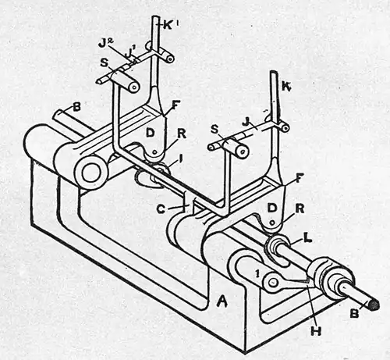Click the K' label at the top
[x=169, y=26]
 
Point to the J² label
[x=104, y=44]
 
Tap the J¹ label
[x=129, y=54]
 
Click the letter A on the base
[x=222, y=302]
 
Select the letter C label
[x=161, y=209]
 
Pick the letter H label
[x=316, y=331]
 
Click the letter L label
[x=307, y=239]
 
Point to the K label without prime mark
[x=287, y=87]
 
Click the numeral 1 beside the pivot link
[x=257, y=274]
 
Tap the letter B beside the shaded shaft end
[x=354, y=313]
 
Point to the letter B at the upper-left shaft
[x=76, y=107]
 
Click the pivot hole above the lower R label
[x=272, y=223]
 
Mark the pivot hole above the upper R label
[x=155, y=151]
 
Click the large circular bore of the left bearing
[x=91, y=172]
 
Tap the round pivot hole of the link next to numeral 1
[x=273, y=282]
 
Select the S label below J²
[x=105, y=63]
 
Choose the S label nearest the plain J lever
[x=214, y=130]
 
